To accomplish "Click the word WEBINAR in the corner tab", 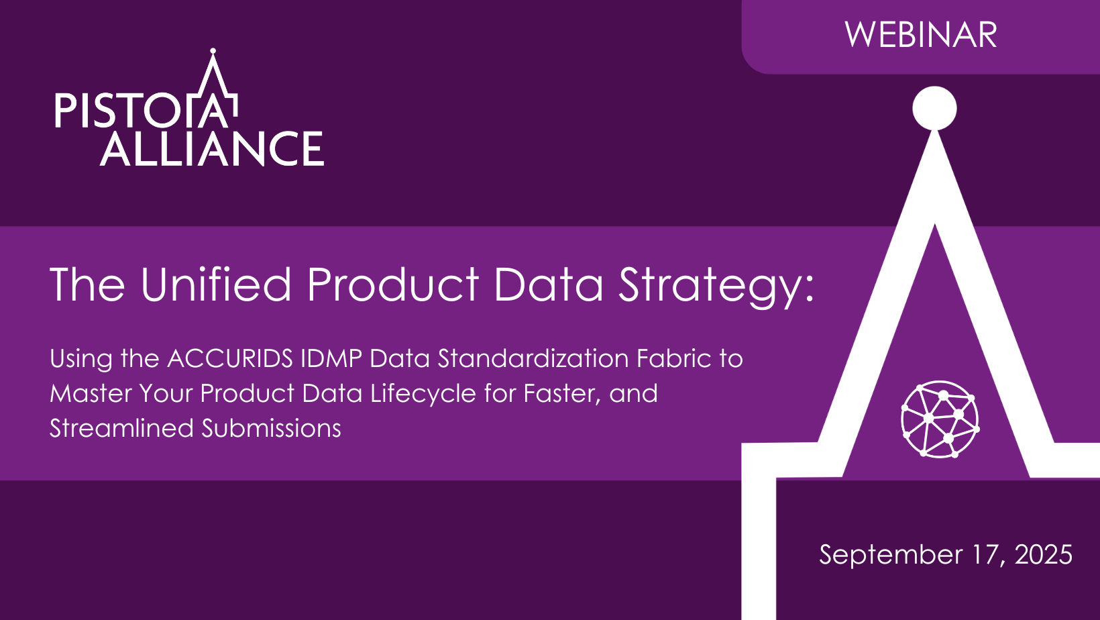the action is [921, 35].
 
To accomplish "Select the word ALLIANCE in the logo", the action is [212, 149].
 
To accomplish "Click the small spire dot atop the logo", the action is [213, 51].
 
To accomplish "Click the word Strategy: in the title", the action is [716, 288].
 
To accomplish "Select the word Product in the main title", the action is [393, 285].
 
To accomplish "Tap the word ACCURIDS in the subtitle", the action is [230, 358].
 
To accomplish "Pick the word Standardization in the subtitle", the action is [533, 358].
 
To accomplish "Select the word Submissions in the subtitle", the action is [271, 428].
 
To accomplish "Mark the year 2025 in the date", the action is [1044, 554].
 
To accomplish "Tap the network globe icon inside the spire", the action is [940, 419].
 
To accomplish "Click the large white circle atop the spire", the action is [934, 108].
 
